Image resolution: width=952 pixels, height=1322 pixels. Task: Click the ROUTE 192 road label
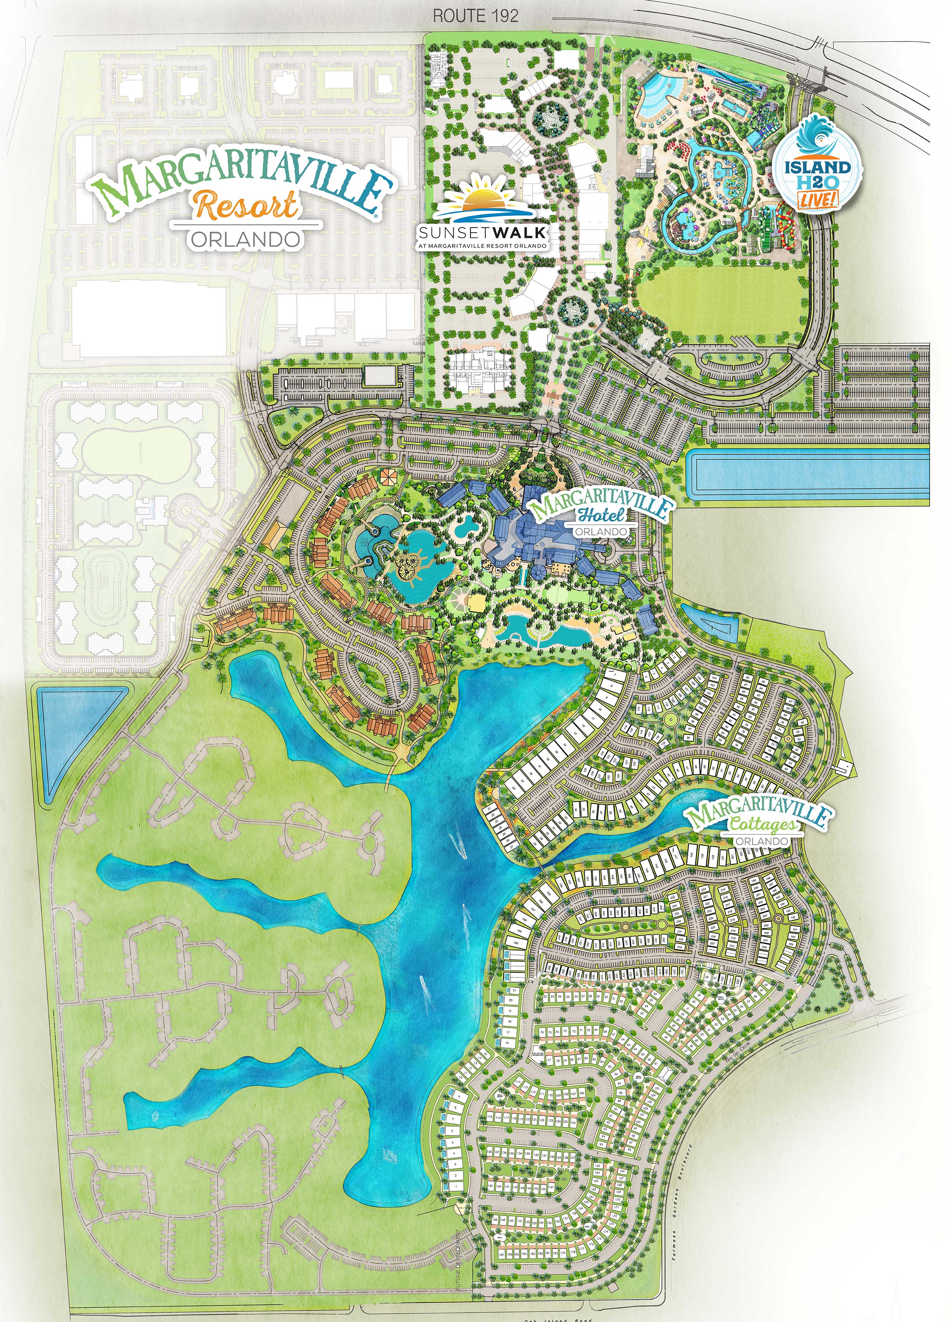[475, 16]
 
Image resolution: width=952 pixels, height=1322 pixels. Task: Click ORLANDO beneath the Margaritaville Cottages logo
[761, 841]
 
